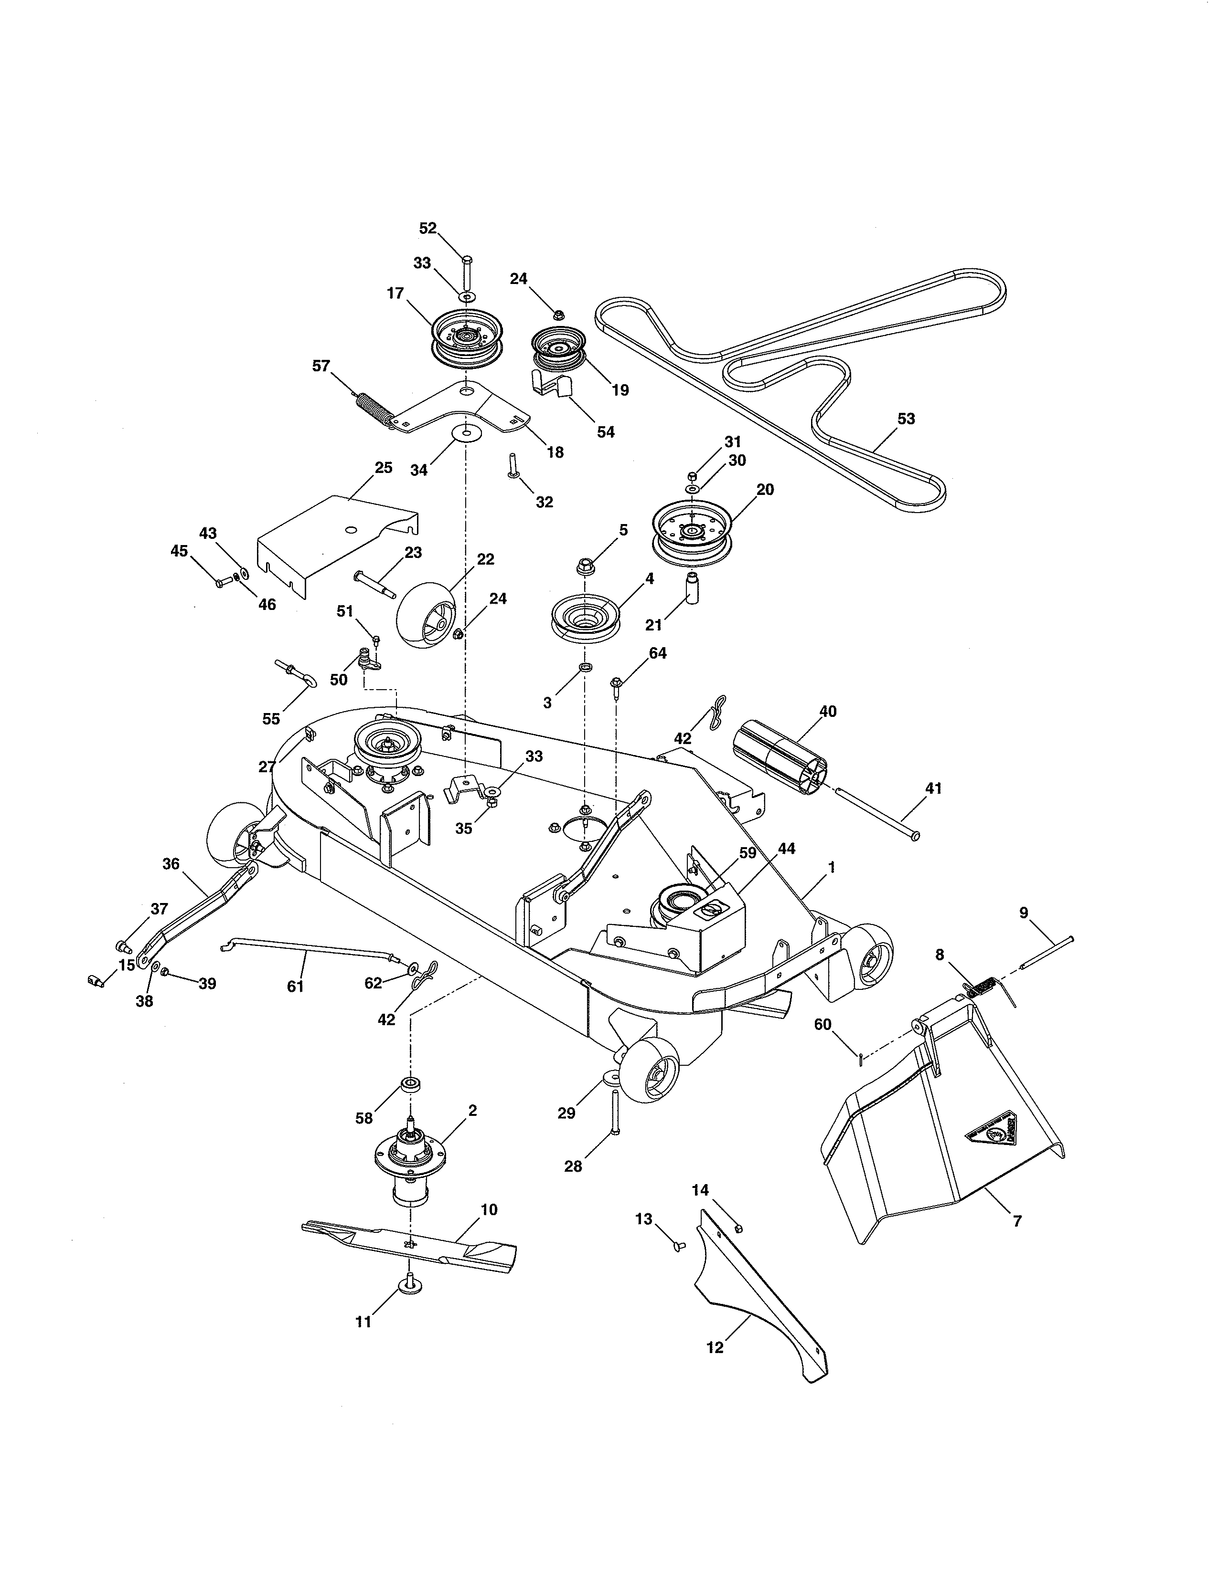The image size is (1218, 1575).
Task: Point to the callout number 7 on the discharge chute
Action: (x=1017, y=1221)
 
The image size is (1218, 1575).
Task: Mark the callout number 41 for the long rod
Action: (x=934, y=788)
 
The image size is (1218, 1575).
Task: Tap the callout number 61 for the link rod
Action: (x=295, y=987)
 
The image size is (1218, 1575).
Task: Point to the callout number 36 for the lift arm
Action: (x=171, y=864)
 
